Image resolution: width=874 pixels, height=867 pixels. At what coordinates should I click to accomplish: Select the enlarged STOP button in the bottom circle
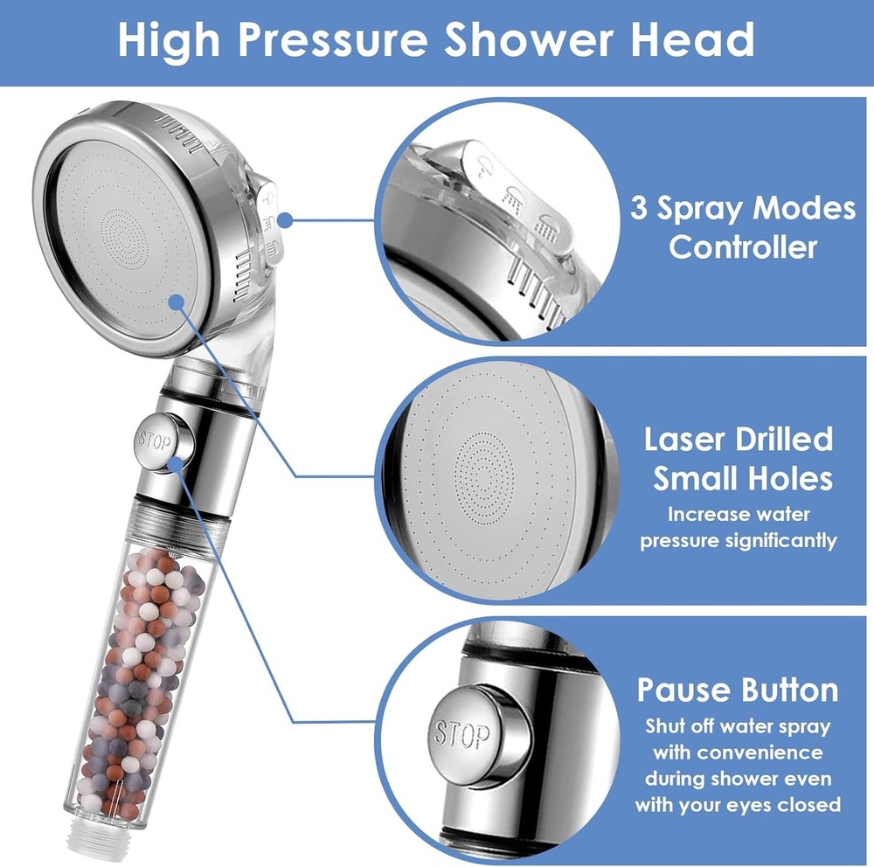click(461, 733)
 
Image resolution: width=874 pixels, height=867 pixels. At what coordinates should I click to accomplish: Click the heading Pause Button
click(737, 690)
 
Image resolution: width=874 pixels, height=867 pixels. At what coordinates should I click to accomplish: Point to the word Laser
click(690, 439)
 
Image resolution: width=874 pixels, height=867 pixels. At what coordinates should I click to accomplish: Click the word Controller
click(743, 246)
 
